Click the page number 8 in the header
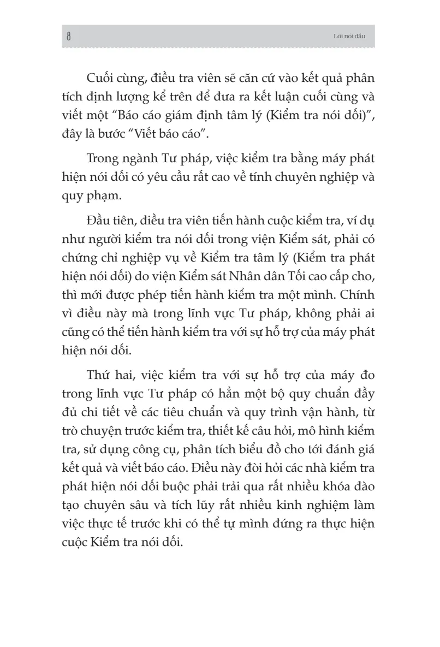tap(68, 37)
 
